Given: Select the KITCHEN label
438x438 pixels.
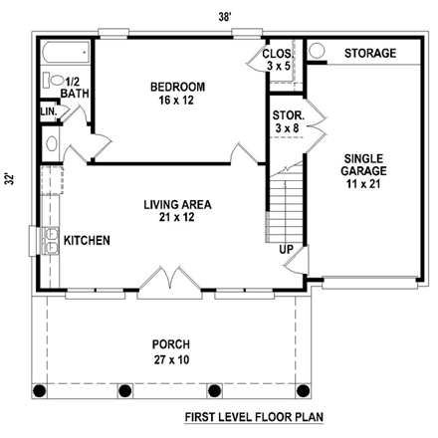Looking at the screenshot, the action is (87, 241).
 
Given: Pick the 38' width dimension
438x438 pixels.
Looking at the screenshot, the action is (225, 17).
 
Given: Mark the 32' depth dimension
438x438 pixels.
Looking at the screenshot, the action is (11, 179).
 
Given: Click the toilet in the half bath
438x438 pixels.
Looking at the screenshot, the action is (54, 80).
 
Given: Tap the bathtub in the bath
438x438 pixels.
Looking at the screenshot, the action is (67, 52).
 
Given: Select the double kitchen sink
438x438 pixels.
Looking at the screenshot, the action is (50, 241).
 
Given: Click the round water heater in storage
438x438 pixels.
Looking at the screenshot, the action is (317, 51).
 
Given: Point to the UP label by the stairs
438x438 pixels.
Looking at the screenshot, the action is (286, 250).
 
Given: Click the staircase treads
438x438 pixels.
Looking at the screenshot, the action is (285, 208).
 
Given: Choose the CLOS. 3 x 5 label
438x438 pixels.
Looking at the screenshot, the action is (278, 60).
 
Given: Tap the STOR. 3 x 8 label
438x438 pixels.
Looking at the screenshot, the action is (288, 121).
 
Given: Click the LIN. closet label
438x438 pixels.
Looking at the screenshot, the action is (49, 111).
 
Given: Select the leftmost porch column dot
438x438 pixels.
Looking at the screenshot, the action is (39, 391).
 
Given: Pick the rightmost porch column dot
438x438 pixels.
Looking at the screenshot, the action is (304, 391).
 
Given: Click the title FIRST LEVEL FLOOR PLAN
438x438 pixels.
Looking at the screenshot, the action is (254, 417).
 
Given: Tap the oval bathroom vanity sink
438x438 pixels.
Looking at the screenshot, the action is (52, 144).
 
